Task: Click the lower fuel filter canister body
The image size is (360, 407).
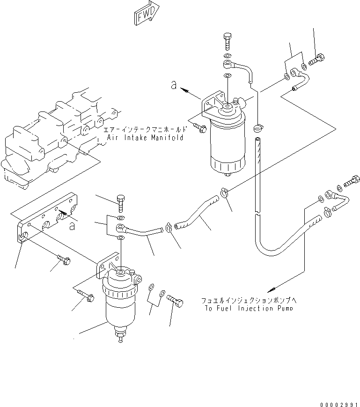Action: coord(120,309)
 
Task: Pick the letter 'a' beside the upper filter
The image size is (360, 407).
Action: coord(173,84)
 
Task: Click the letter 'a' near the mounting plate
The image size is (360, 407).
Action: coord(72,226)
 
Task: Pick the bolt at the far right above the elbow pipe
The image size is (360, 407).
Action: coord(352,181)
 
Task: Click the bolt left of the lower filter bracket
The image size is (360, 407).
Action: coord(84,296)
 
